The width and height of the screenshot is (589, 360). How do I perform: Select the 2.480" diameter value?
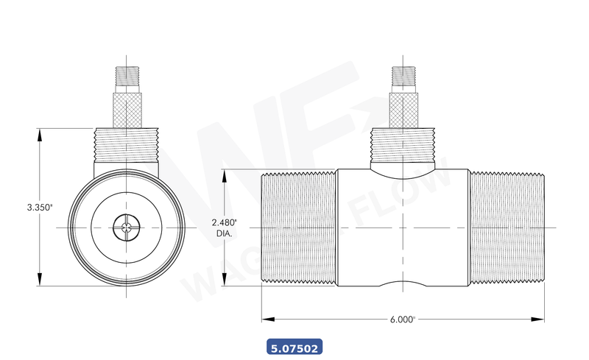(225, 222)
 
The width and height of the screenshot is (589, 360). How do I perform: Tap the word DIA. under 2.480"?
(224, 233)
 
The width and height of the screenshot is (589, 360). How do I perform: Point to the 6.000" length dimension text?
(403, 320)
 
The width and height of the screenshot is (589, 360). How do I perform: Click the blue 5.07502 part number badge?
(293, 347)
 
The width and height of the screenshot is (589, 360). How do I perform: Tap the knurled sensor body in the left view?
(127, 107)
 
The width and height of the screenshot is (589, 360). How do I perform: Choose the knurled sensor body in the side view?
(403, 107)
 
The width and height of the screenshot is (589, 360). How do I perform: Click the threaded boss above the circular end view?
(127, 145)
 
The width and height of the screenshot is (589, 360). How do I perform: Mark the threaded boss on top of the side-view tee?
(403, 146)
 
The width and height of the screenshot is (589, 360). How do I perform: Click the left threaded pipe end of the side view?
(299, 227)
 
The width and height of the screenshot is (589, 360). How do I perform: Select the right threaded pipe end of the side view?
(507, 227)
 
